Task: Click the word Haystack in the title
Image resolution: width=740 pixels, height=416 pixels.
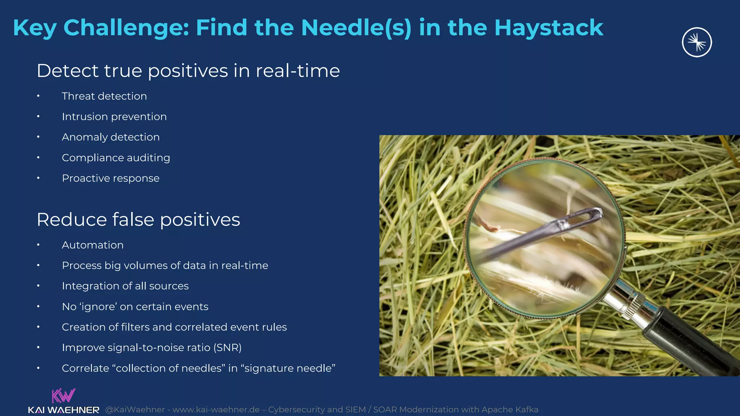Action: click(548, 28)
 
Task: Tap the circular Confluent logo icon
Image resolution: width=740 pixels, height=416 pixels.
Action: click(697, 42)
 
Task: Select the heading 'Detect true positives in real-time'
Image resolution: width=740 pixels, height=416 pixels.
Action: click(188, 70)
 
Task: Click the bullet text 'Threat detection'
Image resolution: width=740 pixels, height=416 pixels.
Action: click(104, 96)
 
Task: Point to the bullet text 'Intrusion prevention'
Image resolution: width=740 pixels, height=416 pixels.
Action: click(114, 117)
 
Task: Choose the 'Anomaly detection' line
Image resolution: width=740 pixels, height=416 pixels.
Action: click(111, 137)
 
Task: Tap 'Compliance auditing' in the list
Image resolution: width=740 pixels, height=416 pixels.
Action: click(116, 158)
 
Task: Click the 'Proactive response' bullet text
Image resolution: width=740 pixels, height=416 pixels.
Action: click(111, 178)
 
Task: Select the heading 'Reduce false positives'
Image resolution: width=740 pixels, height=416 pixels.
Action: click(138, 220)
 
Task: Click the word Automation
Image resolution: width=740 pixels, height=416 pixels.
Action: click(92, 245)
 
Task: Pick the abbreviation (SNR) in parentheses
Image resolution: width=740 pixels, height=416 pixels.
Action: click(227, 347)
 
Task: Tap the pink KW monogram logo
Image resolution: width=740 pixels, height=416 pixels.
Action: click(63, 395)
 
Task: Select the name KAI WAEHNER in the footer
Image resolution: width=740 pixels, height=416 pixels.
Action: click(64, 410)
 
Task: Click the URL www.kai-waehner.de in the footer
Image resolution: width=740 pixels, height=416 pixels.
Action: click(216, 410)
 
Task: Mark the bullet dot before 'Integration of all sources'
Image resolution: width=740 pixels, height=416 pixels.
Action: click(38, 286)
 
